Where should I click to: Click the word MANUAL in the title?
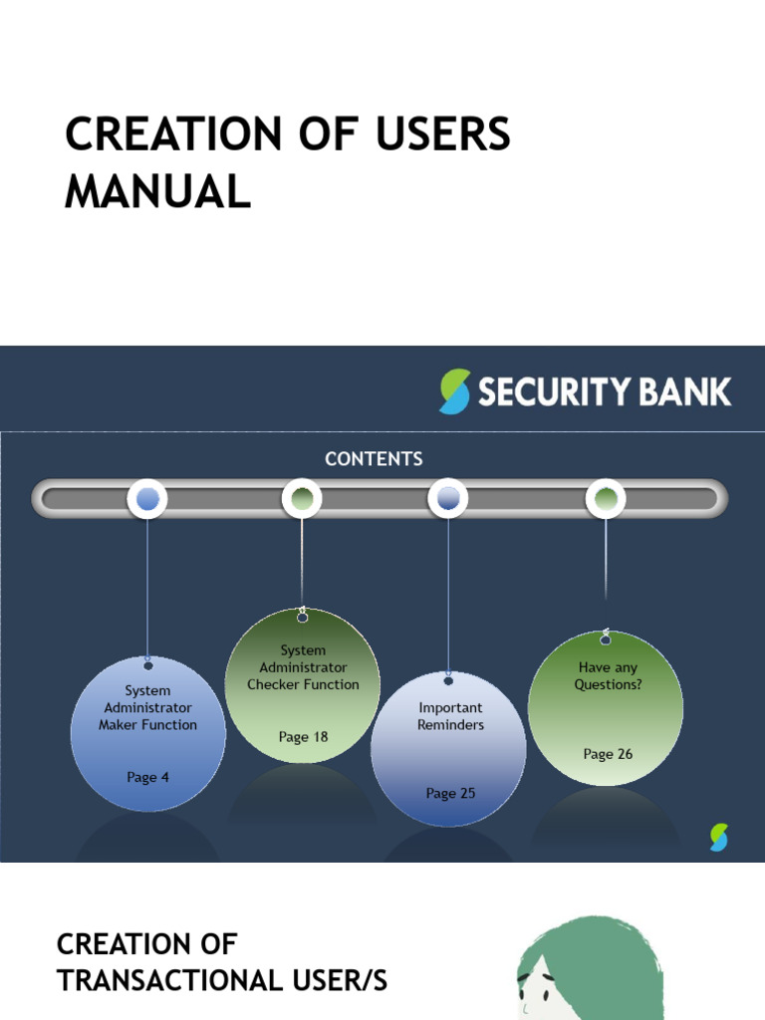157,191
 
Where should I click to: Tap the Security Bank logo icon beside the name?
454,390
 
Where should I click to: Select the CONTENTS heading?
374,459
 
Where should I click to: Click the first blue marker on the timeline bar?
147,499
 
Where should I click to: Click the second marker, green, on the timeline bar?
302,498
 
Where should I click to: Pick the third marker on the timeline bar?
448,498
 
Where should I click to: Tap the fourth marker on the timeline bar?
605,498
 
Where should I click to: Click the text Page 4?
147,777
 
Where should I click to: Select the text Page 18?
303,737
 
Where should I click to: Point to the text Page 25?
450,793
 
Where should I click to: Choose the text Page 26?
608,754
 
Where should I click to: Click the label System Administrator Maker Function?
147,707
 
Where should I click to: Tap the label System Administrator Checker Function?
303,667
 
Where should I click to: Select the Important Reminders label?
450,716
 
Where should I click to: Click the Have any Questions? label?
608,676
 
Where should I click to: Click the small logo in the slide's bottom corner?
719,838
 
